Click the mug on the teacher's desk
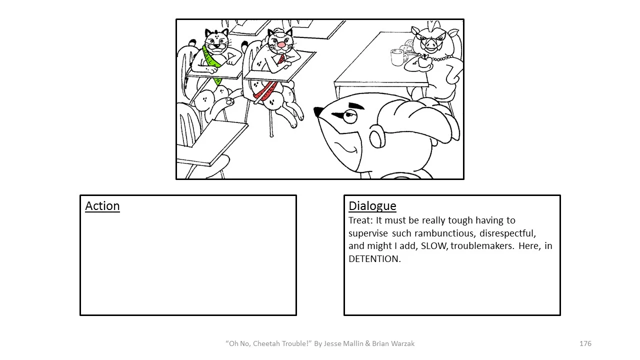coord(398,57)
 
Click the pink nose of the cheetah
coord(281,45)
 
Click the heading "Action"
coord(102,206)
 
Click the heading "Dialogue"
coord(372,206)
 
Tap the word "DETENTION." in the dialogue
coord(374,259)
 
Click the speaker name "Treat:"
coord(361,220)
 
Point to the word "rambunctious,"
coord(445,233)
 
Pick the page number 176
coord(585,343)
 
